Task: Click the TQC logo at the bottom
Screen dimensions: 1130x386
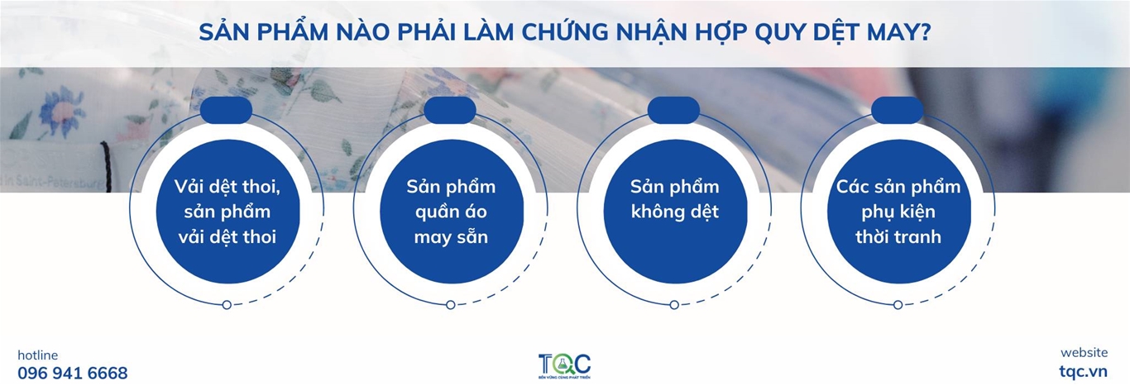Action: click(x=564, y=365)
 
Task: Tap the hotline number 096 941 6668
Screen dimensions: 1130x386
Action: click(x=73, y=374)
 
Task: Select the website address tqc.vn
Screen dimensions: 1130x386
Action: click(x=1083, y=372)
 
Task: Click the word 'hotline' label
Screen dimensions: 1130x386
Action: click(x=38, y=355)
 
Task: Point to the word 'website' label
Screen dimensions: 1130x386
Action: click(x=1085, y=352)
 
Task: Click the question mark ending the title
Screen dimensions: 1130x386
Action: click(x=924, y=32)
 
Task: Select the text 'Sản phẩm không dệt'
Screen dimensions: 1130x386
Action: click(x=674, y=199)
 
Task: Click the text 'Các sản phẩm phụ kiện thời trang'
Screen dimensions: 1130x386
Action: click(x=898, y=212)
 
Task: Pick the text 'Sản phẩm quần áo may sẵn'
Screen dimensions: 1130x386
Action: click(x=451, y=212)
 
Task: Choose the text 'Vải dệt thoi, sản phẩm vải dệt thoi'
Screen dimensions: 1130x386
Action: click(x=227, y=212)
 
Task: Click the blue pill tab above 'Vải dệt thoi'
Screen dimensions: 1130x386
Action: click(x=226, y=111)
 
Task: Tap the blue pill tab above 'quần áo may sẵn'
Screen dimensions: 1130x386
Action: click(x=450, y=111)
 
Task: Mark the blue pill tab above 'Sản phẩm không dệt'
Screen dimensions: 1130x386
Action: click(x=673, y=111)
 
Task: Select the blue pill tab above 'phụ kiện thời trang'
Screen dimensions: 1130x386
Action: click(x=898, y=111)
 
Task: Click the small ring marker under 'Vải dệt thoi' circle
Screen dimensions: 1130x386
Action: click(x=227, y=305)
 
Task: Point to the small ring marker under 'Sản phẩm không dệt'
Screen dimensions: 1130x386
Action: click(x=674, y=305)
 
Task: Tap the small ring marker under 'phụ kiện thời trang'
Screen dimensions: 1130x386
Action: click(x=898, y=305)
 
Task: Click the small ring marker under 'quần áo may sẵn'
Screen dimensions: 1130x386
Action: click(x=451, y=305)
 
